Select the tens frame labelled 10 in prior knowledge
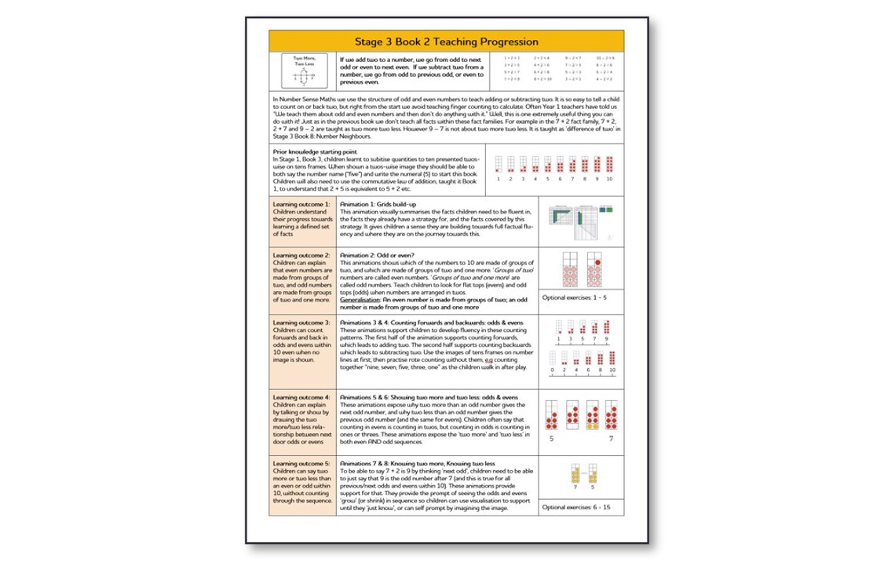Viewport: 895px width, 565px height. [x=609, y=164]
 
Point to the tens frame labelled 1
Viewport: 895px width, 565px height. [x=499, y=164]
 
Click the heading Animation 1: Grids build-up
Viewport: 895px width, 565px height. [x=378, y=204]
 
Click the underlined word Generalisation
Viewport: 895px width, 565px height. [x=359, y=300]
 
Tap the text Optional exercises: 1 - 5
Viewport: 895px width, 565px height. [x=575, y=298]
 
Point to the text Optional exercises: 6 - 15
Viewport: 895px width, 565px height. [x=576, y=507]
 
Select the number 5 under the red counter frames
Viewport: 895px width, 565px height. [x=552, y=439]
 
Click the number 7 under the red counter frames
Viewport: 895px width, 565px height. [x=611, y=439]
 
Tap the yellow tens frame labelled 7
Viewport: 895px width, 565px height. [x=575, y=473]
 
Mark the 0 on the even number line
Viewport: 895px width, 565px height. [x=553, y=370]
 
